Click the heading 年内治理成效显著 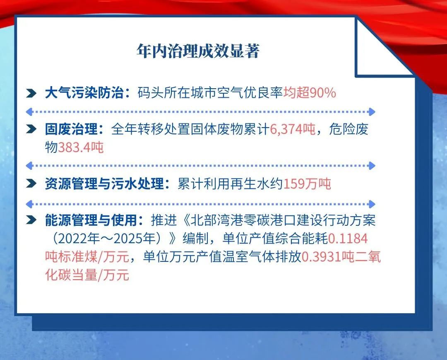click(x=198, y=51)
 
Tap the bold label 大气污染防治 click(x=84, y=93)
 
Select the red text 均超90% click(x=310, y=93)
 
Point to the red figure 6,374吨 click(x=293, y=129)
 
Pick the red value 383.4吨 click(x=81, y=147)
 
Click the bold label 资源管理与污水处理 click(x=104, y=184)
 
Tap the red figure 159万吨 click(x=307, y=184)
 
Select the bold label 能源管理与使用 click(x=91, y=220)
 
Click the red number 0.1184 click(x=348, y=239)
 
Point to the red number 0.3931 click(x=321, y=257)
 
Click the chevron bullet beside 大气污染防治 click(x=31, y=93)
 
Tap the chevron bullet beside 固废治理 click(x=31, y=129)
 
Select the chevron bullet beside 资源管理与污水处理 click(x=31, y=184)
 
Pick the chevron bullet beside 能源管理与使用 click(x=31, y=220)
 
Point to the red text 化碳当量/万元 click(x=87, y=275)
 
